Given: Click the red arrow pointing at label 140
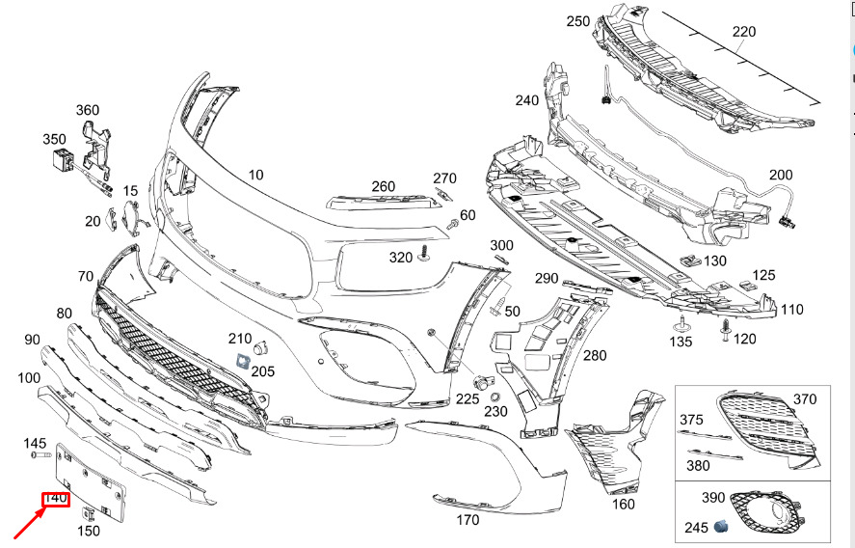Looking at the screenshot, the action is tap(29, 524).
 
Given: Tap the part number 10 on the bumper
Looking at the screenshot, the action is tap(255, 175).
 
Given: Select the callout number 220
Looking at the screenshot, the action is tap(744, 32).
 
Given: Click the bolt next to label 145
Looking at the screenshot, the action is tap(40, 454).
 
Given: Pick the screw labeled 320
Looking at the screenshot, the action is tap(424, 254).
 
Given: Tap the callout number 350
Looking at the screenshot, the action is tap(54, 139).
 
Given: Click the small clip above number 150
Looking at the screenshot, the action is tap(88, 513).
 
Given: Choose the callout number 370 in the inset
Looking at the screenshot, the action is tap(805, 399).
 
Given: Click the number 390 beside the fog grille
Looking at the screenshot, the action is tap(713, 497).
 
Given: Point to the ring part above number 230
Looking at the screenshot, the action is tap(495, 397).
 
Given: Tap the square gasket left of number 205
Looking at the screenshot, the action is tap(241, 361).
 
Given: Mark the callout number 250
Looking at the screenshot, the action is tap(578, 21).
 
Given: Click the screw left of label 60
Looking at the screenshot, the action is tap(452, 223).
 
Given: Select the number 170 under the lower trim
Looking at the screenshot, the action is tap(468, 520).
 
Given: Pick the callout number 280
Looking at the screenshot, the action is tap(595, 355).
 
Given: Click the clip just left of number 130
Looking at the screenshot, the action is tap(689, 260).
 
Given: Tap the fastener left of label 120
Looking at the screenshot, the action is tap(726, 330).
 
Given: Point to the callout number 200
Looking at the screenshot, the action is tap(781, 175).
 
